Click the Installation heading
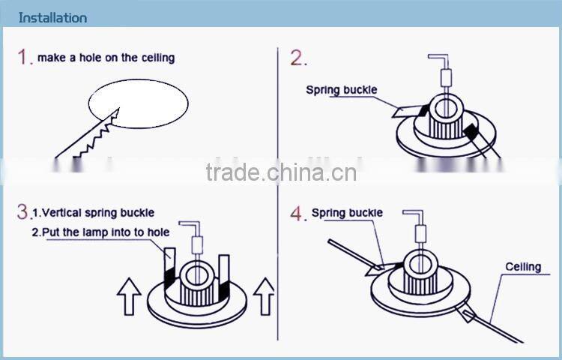click(52, 17)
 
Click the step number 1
click(25, 58)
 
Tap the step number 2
click(298, 58)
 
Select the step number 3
click(22, 211)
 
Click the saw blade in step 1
click(86, 136)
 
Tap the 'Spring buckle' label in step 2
click(341, 90)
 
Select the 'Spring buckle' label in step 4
click(347, 213)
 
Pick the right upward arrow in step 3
click(264, 295)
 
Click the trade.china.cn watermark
click(281, 172)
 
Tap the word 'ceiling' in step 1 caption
click(157, 58)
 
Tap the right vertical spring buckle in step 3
click(225, 277)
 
